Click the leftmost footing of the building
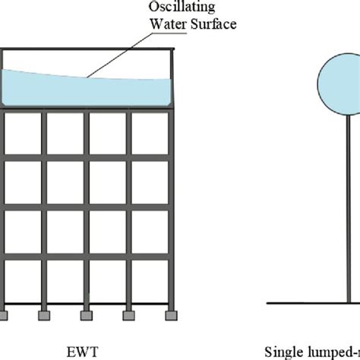click(6, 313)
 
